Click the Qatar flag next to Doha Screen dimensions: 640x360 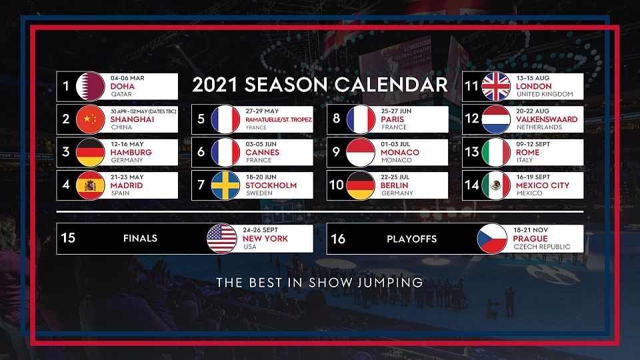point(90,86)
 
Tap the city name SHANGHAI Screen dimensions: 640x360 point(132,119)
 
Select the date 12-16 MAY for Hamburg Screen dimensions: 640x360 point(127,144)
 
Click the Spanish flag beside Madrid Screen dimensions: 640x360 point(90,185)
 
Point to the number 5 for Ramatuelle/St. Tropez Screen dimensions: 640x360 point(201,119)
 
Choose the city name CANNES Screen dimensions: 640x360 point(262,152)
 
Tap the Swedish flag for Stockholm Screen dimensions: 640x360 point(225,185)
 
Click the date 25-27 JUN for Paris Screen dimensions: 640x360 point(396,111)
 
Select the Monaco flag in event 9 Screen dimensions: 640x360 point(361,152)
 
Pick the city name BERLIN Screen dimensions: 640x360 point(394,185)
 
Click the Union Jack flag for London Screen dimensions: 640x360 point(496,86)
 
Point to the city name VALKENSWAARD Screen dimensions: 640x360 point(547,119)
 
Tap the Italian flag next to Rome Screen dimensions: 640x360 point(496,152)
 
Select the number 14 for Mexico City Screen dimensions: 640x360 point(472,185)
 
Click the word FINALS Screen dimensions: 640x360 point(140,239)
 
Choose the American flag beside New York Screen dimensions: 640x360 point(221,239)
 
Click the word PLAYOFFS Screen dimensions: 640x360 point(411,239)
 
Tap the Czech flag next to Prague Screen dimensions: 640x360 point(492,239)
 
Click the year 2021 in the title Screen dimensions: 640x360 point(215,85)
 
